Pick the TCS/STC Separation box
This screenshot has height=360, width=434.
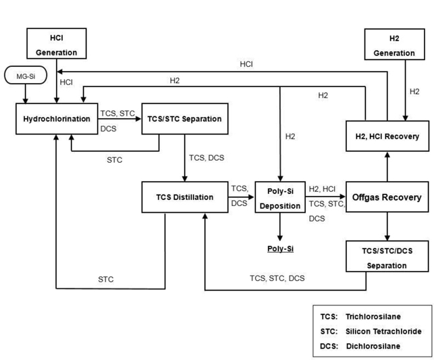coord(184,119)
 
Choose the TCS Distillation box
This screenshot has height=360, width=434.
coord(184,197)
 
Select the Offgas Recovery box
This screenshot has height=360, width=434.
coord(387,197)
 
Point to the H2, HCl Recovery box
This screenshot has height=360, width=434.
coord(387,136)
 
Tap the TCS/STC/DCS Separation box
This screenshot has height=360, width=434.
coord(387,257)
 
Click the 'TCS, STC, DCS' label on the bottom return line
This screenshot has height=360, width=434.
coord(277,278)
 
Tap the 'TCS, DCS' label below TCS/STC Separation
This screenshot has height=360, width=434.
coord(207,157)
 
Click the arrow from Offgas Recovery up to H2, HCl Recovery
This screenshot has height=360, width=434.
coord(387,165)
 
